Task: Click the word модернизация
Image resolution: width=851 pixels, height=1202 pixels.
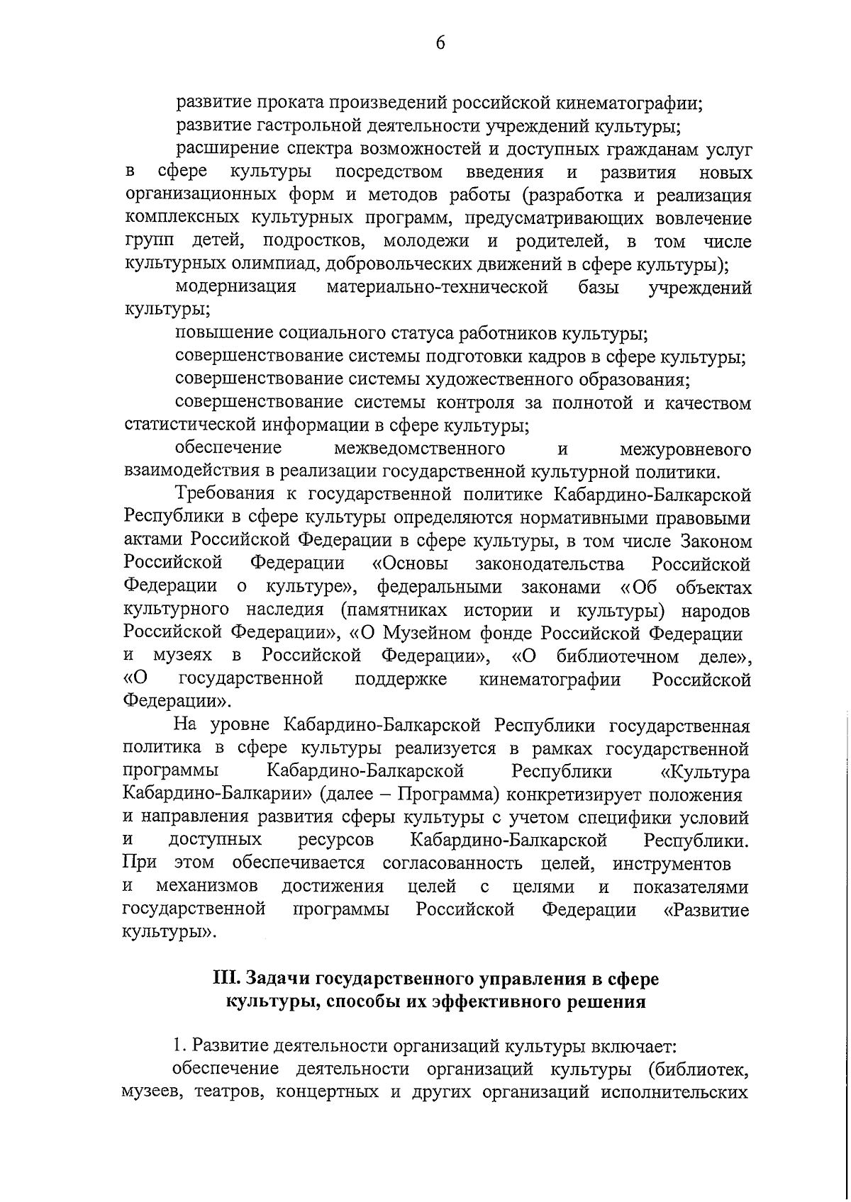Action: click(x=235, y=287)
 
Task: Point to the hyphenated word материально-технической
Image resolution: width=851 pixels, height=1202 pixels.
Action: click(x=438, y=287)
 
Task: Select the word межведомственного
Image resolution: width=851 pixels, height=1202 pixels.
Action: click(x=419, y=449)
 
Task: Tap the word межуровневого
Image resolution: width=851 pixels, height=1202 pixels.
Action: click(x=685, y=449)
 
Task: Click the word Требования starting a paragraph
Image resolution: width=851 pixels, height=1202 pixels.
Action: click(x=229, y=495)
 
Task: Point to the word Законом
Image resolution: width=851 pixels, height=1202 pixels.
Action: click(x=716, y=541)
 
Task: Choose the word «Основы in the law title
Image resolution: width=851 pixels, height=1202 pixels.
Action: click(x=410, y=564)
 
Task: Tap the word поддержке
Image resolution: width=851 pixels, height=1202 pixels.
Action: click(x=401, y=679)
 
